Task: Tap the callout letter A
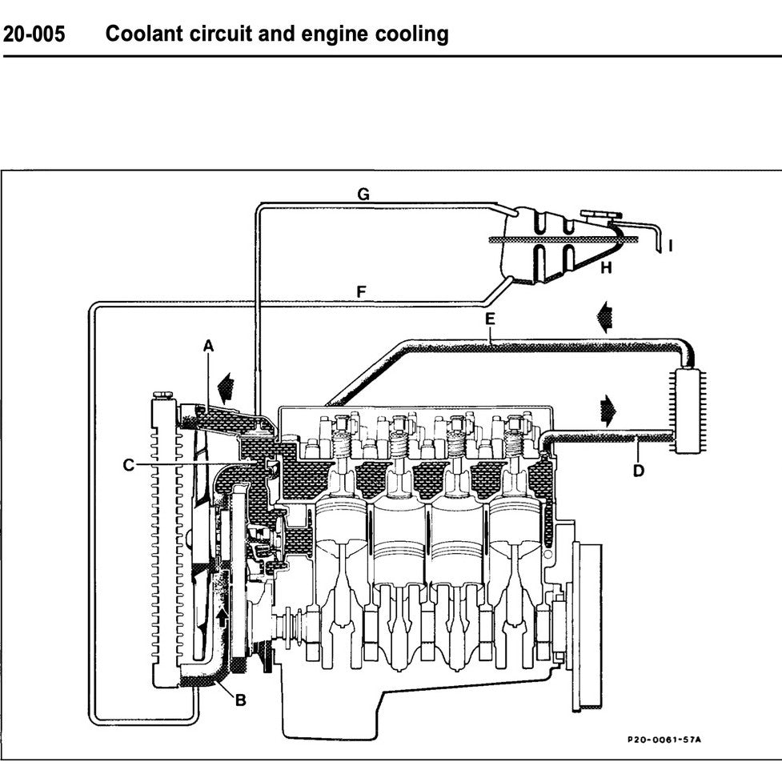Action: click(208, 346)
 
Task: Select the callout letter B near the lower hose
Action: click(240, 700)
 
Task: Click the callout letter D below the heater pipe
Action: click(638, 471)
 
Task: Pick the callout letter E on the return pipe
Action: click(490, 319)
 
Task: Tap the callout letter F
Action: click(361, 293)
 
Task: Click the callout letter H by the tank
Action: click(606, 268)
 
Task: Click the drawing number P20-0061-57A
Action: click(664, 739)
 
